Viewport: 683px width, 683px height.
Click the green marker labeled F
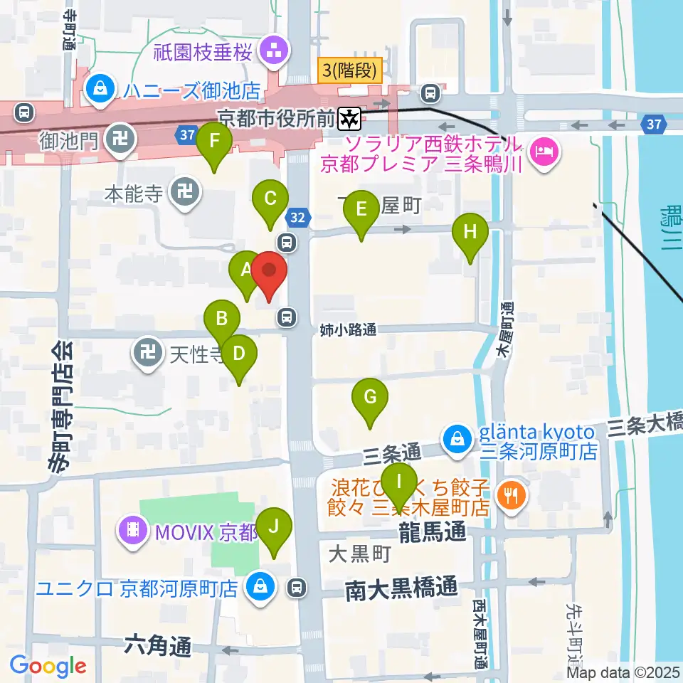pyautogui.click(x=214, y=143)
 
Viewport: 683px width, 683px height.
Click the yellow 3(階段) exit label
pyautogui.click(x=350, y=70)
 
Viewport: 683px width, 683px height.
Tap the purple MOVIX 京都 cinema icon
pyautogui.click(x=133, y=529)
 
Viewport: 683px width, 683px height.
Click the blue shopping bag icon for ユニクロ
pyautogui.click(x=258, y=587)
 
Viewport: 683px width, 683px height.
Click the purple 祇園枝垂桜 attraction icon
pyautogui.click(x=273, y=50)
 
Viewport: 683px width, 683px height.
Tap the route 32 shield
pyautogui.click(x=300, y=218)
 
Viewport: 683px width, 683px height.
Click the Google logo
pyautogui.click(x=48, y=666)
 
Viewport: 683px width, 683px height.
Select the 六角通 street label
pyautogui.click(x=157, y=646)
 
